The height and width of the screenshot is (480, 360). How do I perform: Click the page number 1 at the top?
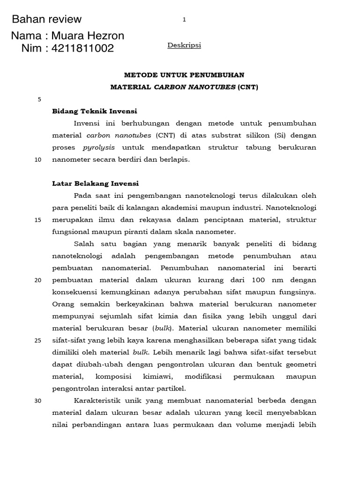coord(184,19)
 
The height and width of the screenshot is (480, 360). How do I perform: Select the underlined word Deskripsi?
coord(184,45)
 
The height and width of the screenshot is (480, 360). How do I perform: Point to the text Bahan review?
coord(46,19)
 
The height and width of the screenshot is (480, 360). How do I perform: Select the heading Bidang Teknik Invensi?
coord(94,111)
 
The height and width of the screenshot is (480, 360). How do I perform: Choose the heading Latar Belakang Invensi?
coord(95,183)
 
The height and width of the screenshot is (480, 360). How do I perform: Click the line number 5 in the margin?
coord(39,99)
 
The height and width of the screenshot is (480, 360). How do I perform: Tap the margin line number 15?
coord(38,220)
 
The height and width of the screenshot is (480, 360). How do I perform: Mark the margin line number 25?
coord(38,340)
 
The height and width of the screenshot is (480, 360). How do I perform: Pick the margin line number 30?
coord(38,401)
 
